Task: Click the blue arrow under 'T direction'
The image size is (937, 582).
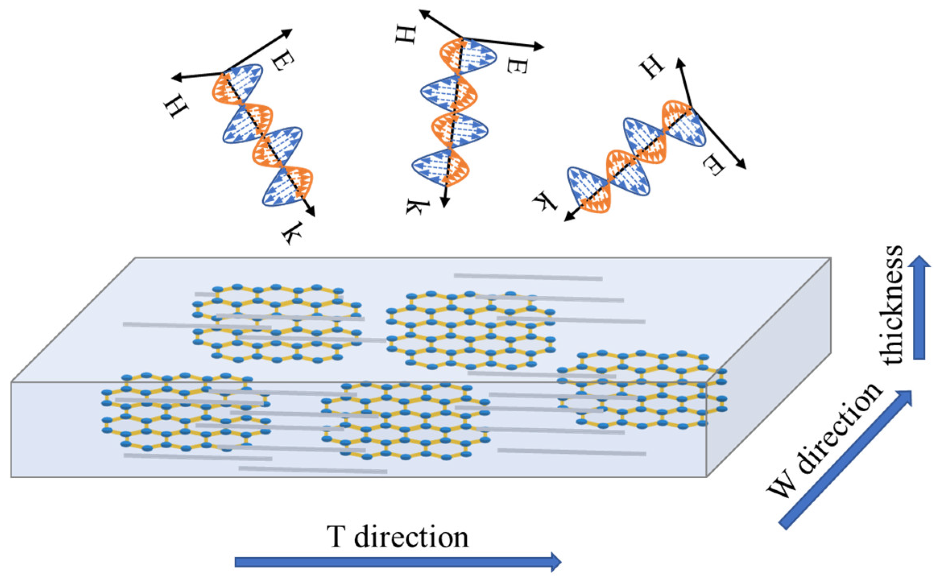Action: pos(397,561)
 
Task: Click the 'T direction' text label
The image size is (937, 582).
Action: pos(398,536)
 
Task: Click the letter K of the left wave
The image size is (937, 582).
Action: pos(292,233)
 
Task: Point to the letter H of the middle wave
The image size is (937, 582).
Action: pos(405,35)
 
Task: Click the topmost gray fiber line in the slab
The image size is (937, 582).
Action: pos(527,277)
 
